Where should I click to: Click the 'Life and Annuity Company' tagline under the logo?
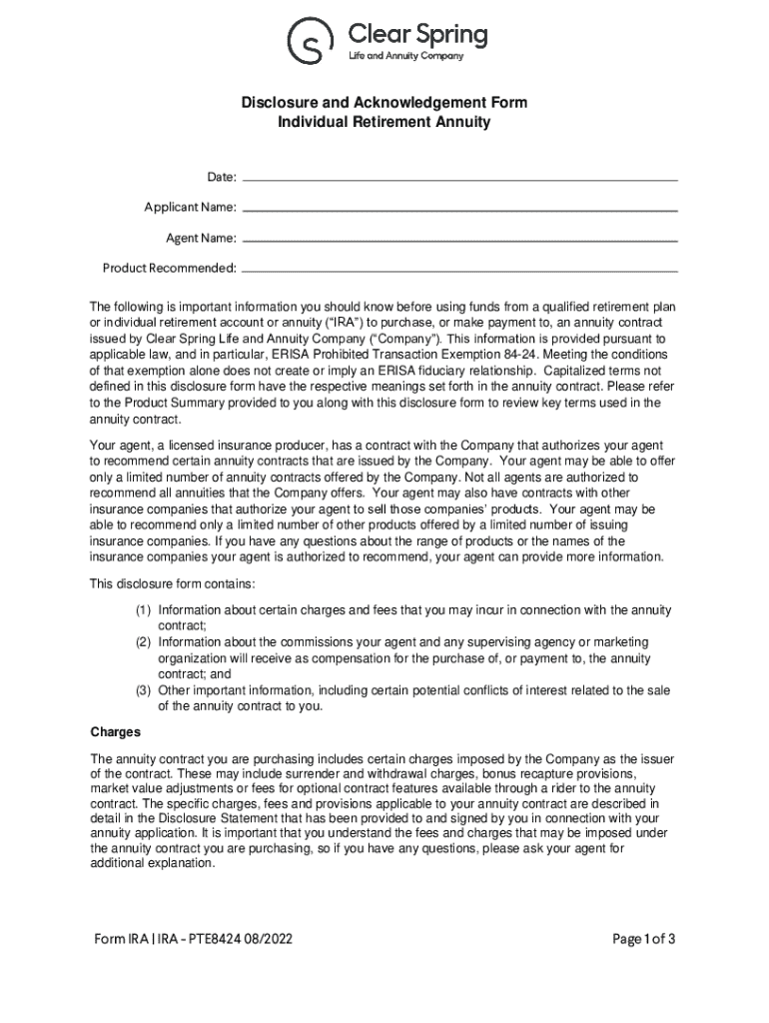click(x=405, y=56)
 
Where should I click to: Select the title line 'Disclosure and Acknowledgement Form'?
click(x=384, y=103)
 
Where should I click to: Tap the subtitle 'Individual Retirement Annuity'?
click(x=384, y=122)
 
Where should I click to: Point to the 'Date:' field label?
click(x=222, y=177)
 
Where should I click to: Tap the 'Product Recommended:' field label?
click(x=170, y=269)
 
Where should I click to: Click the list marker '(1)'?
click(x=144, y=609)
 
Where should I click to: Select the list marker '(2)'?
click(x=144, y=641)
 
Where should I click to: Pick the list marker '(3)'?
click(x=144, y=690)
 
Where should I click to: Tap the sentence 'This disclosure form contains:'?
click(x=176, y=583)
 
